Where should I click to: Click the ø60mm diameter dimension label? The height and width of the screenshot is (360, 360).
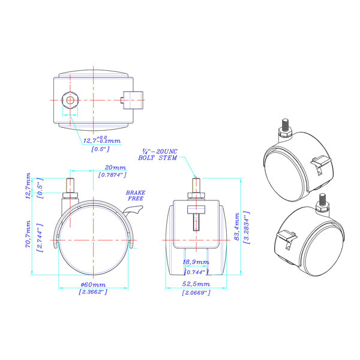pos(93,284)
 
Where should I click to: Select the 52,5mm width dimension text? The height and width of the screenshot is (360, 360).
pos(196,284)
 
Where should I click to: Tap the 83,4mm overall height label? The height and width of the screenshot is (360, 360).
pos(237,227)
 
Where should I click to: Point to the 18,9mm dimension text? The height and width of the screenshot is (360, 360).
pos(196,262)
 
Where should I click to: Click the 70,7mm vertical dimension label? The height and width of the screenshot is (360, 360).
pos(28,234)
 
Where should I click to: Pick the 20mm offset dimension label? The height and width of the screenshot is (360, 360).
pos(115,167)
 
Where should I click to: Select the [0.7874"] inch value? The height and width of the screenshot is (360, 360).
pos(112,175)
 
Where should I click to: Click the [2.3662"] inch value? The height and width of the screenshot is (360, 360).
pos(93,292)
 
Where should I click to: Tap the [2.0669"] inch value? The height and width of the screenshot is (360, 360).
pos(196,293)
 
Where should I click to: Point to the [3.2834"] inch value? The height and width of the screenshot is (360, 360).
pos(247,227)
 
